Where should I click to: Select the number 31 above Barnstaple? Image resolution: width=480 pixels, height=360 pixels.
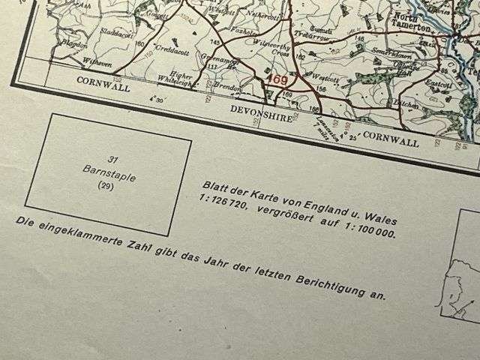coord(114,160)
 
